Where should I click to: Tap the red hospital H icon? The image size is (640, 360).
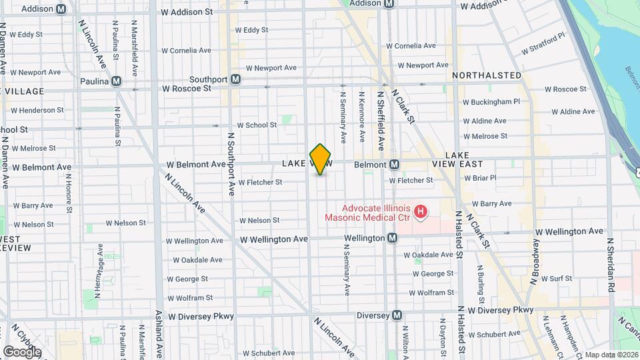pos(421,213)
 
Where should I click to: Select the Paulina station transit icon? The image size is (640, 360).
pos(117,81)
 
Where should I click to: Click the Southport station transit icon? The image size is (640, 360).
pos(234,79)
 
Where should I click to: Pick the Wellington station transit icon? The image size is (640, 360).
pos(393,238)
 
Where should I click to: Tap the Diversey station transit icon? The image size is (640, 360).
pos(397,315)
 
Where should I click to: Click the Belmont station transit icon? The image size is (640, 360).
pos(395,164)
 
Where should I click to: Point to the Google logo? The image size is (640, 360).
pos(22,352)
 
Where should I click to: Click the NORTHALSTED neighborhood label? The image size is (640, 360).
pos(487,75)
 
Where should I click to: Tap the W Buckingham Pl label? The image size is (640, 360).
pos(495,102)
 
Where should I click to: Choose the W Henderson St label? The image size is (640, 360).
pos(37,110)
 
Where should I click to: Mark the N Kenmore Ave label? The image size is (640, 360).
pos(363,117)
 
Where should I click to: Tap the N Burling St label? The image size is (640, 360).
pos(480,282)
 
